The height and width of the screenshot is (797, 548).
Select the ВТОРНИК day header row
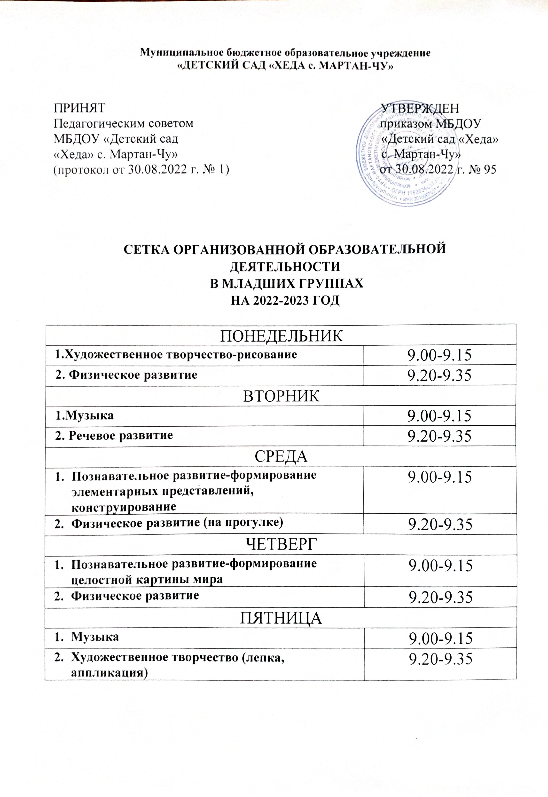coord(281,396)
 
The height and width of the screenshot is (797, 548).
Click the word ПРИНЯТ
coord(79,108)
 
